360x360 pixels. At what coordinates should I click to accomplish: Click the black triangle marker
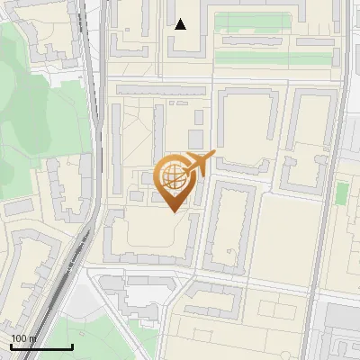pyautogui.click(x=181, y=24)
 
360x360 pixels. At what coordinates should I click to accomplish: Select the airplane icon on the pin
pyautogui.click(x=199, y=163)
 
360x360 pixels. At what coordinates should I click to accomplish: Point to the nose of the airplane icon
pyautogui.click(x=212, y=154)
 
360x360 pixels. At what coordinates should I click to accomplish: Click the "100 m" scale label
pyautogui.click(x=23, y=338)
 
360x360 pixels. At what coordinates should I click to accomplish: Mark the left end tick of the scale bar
pyautogui.click(x=11, y=346)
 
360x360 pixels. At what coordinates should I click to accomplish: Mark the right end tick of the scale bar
pyautogui.click(x=73, y=346)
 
